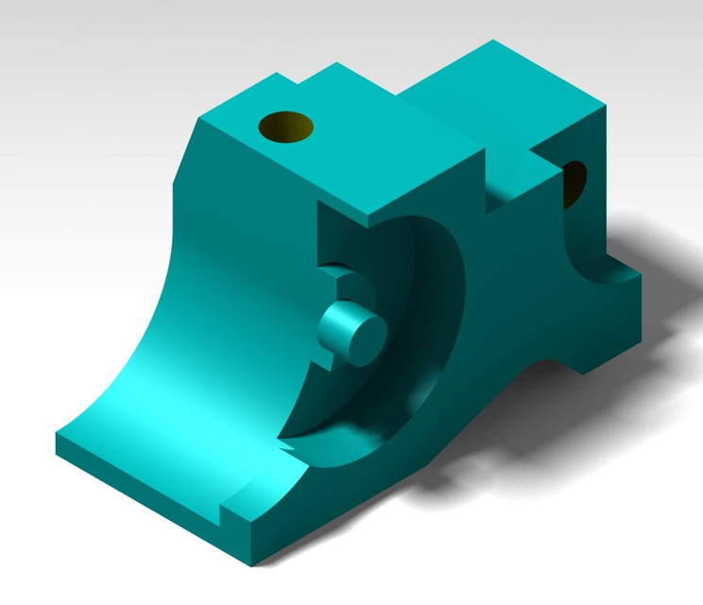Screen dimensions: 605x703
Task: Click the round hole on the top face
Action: pos(286,125)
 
